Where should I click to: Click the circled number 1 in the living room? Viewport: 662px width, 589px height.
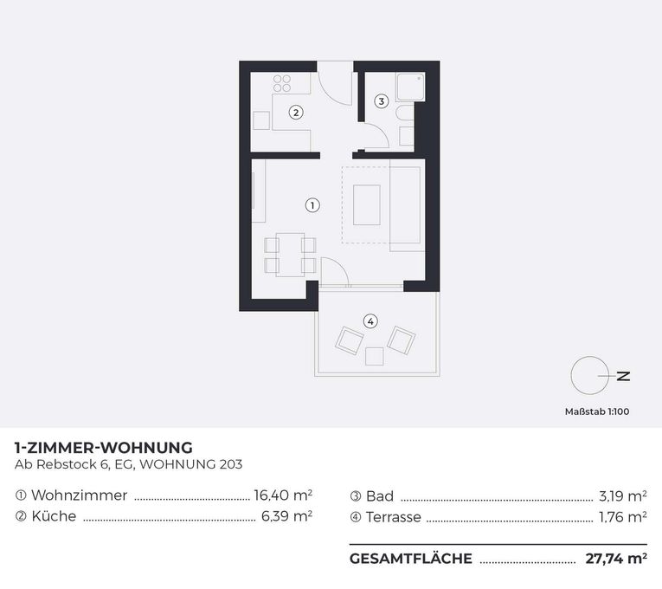(x=312, y=205)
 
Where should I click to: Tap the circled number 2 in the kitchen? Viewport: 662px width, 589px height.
(x=296, y=113)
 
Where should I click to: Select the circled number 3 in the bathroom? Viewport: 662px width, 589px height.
(x=382, y=101)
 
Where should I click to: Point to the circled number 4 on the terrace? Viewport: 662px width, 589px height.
(x=370, y=321)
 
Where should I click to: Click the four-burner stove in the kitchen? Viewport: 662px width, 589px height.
(x=282, y=83)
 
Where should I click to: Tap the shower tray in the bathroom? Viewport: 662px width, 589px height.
(x=410, y=87)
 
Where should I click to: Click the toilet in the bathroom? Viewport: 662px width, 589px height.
(x=407, y=114)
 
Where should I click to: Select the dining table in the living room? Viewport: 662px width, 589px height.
(x=290, y=255)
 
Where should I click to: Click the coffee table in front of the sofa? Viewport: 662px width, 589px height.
(x=366, y=205)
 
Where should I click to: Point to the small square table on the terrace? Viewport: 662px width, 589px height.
(x=375, y=356)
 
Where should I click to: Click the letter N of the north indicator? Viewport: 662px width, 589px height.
(x=624, y=376)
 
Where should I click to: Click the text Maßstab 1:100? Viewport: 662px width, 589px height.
(x=597, y=411)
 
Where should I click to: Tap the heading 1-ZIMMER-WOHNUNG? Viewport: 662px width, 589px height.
(x=104, y=447)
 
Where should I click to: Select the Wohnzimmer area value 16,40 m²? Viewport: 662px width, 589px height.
(x=283, y=495)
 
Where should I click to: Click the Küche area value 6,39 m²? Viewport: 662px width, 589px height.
(x=286, y=516)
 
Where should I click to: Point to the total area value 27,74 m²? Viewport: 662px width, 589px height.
(x=616, y=559)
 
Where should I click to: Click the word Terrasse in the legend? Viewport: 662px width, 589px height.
(x=394, y=517)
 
